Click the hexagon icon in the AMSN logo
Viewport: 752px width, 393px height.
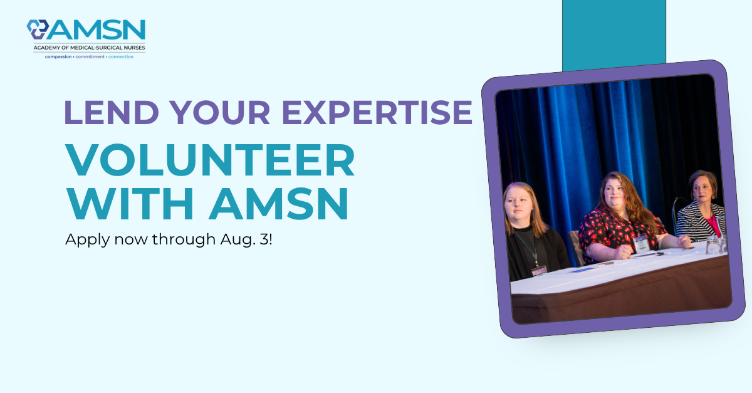click(38, 29)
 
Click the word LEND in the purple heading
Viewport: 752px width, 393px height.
click(112, 112)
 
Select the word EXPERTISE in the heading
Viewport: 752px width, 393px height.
click(377, 112)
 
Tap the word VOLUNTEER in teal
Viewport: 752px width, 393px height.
click(210, 160)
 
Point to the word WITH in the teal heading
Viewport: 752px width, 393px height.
click(130, 204)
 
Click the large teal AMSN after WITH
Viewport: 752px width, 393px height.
click(279, 204)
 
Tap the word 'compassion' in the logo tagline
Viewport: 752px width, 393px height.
click(58, 57)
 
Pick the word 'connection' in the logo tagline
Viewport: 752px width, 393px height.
click(121, 57)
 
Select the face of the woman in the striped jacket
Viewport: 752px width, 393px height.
click(704, 190)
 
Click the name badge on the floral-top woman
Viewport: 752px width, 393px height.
click(641, 243)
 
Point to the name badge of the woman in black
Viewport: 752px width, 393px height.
click(539, 270)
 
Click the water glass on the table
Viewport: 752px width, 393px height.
click(712, 244)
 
